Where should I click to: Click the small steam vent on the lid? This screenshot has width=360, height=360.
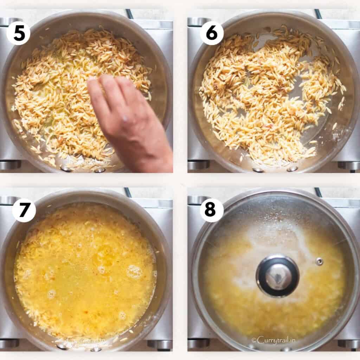(319, 261)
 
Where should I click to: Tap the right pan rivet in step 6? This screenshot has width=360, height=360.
(292, 169)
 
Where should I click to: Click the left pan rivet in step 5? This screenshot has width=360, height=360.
(65, 169)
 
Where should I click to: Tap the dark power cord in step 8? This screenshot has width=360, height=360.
(318, 192)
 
